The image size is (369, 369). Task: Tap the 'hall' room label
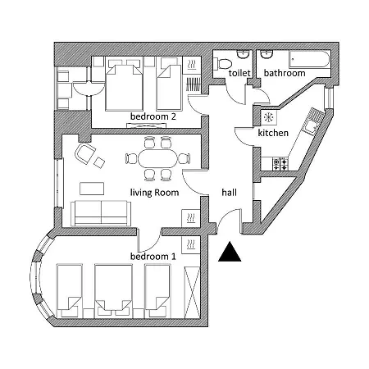[x=229, y=193]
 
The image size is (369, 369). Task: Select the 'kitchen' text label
[x=273, y=133]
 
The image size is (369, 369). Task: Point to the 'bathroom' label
[x=285, y=73]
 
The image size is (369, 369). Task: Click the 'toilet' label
[x=239, y=73]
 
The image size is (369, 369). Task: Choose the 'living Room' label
[x=154, y=193]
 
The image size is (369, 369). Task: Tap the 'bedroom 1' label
[x=153, y=257]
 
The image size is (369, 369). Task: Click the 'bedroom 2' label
[x=153, y=116]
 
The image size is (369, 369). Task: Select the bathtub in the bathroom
[x=310, y=59]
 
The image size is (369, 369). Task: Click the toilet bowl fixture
[x=222, y=64]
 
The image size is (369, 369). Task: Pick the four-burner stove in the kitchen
[x=280, y=164]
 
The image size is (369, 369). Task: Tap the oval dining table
[x=157, y=158]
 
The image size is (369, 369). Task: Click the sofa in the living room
[x=101, y=213]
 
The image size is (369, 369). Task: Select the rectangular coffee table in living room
[x=92, y=189]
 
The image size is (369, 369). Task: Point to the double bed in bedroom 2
[x=124, y=85]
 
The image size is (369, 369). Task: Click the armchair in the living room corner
[x=85, y=154]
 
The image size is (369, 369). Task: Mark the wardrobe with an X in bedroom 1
[x=193, y=292]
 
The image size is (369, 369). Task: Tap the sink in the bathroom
[x=266, y=54]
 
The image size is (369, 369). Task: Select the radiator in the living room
[x=191, y=218]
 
